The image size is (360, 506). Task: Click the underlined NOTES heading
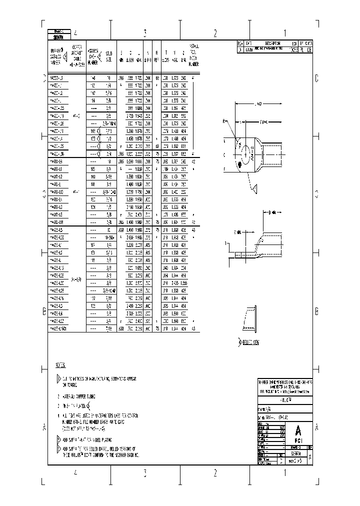(60, 366)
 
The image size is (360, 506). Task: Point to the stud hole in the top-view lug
(247, 151)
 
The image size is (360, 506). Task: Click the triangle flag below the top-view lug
(255, 187)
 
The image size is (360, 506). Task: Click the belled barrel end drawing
(249, 318)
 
